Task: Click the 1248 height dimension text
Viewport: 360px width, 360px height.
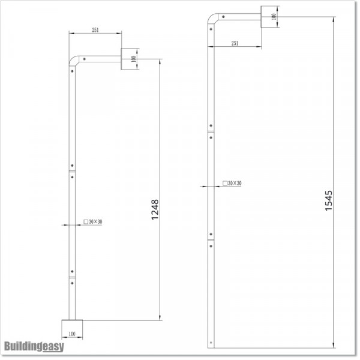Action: click(x=155, y=211)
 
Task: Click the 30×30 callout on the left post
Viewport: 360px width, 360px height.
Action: click(x=94, y=222)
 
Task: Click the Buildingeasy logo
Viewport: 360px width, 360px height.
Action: click(x=34, y=346)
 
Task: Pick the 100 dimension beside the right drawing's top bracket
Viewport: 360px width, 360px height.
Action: click(x=274, y=16)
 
